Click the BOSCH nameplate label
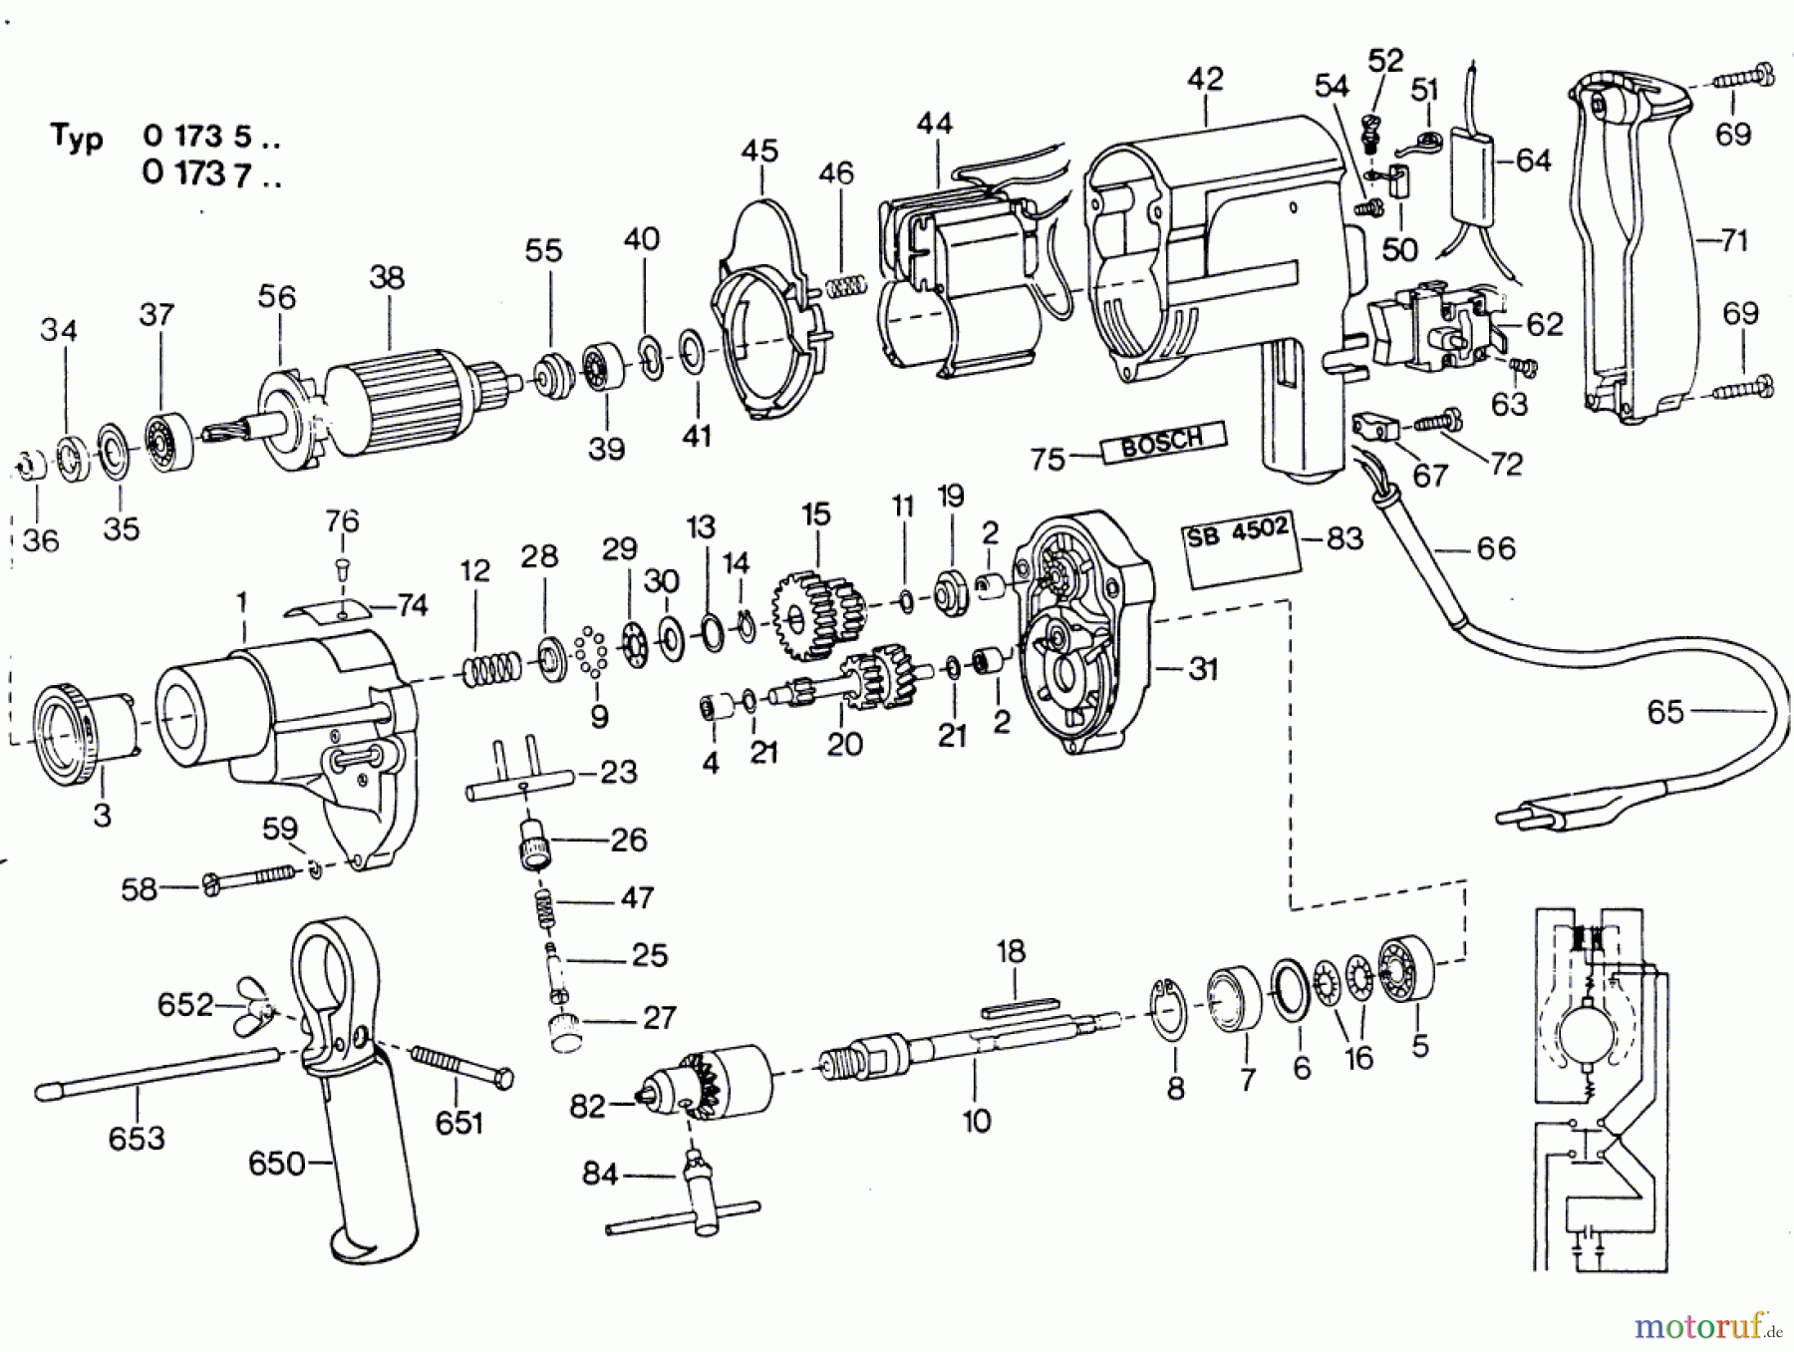(x=1163, y=442)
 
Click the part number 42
(x=1205, y=79)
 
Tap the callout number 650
(x=276, y=1163)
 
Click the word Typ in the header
(x=77, y=137)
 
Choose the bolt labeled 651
(x=461, y=1066)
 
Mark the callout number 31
(x=1203, y=668)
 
